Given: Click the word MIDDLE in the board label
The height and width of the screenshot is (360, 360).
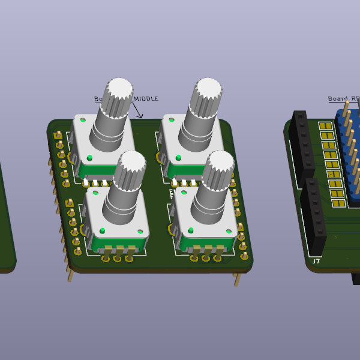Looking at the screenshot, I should point(145,99).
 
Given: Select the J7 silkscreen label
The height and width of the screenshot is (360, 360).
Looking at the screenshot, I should point(316,261).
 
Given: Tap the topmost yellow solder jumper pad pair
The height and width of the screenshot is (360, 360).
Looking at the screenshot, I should point(326,126).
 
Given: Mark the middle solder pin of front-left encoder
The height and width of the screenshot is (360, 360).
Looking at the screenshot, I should point(117,259).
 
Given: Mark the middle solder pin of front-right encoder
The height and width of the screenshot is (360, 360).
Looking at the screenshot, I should point(206,258).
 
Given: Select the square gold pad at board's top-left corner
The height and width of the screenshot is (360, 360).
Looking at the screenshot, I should point(58,136).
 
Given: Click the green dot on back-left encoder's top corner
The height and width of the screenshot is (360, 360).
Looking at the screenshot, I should point(83,120).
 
